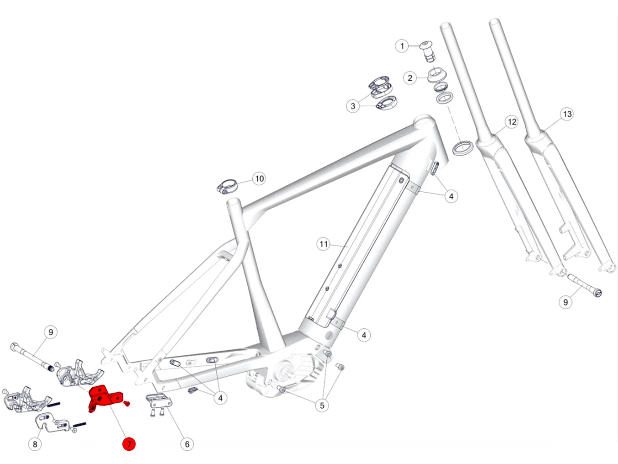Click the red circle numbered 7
tap(129, 444)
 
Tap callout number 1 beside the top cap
tap(402, 46)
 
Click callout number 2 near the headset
tap(410, 78)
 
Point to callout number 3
tap(353, 106)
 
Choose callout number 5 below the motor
tap(322, 405)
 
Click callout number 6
tap(187, 444)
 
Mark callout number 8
tap(35, 444)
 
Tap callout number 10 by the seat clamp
tap(259, 179)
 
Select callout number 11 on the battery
tap(324, 244)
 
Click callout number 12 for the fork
tap(512, 122)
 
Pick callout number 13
tap(567, 114)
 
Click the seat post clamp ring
tap(227, 186)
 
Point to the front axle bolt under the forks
tap(584, 285)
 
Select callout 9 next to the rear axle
tap(51, 332)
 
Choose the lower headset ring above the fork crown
tap(463, 147)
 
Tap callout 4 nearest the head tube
tap(451, 196)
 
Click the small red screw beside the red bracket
tap(127, 403)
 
